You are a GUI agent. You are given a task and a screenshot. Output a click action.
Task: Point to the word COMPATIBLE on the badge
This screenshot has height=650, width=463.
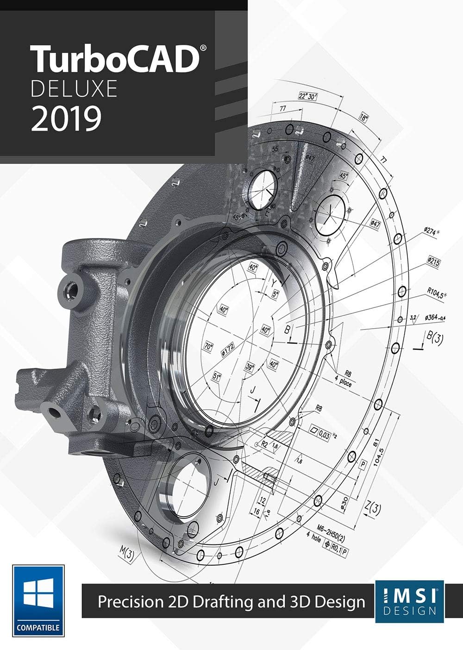38,628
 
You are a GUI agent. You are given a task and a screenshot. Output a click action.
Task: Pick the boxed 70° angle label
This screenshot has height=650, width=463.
209,346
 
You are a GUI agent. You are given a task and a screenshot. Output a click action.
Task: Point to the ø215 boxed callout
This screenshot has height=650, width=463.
433,262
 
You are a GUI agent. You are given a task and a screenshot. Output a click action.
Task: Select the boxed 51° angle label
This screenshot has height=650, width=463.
216,376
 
